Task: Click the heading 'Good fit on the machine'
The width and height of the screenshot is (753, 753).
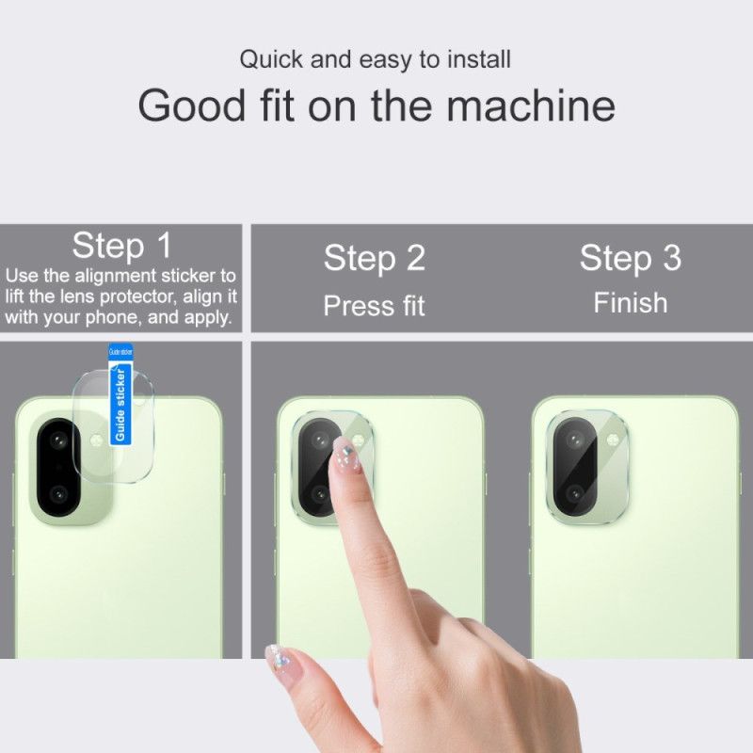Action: pyautogui.click(x=376, y=104)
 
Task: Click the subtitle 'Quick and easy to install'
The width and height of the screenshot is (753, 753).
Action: pyautogui.click(x=375, y=59)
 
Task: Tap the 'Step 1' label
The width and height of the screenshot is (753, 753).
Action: pyautogui.click(x=122, y=246)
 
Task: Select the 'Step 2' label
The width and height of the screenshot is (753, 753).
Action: pyautogui.click(x=375, y=258)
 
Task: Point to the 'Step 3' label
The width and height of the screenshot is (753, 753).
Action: pyautogui.click(x=630, y=258)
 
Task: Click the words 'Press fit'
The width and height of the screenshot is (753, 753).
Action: pyautogui.click(x=375, y=305)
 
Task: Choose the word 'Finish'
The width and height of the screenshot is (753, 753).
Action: pyautogui.click(x=630, y=303)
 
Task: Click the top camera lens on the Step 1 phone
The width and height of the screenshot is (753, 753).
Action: pyautogui.click(x=60, y=441)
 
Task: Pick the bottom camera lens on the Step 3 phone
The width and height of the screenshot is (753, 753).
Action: pyautogui.click(x=574, y=494)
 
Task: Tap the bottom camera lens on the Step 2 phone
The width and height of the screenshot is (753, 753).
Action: pyautogui.click(x=320, y=494)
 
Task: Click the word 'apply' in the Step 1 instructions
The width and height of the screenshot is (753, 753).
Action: pyautogui.click(x=208, y=317)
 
